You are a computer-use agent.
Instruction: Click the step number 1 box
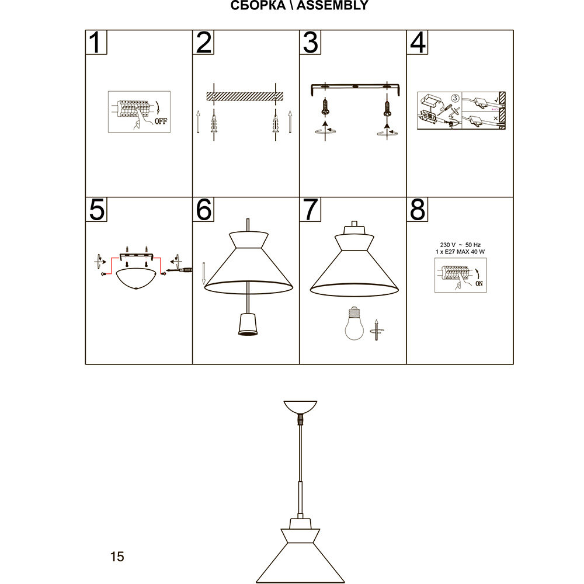click(96, 43)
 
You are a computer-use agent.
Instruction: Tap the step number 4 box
click(418, 43)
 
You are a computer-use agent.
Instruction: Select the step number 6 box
click(203, 210)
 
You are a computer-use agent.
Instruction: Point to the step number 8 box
click(418, 210)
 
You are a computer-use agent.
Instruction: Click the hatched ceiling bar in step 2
click(245, 95)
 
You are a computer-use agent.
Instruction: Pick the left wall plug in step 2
click(214, 123)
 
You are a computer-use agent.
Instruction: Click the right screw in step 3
click(386, 107)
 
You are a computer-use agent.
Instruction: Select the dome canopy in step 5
click(137, 279)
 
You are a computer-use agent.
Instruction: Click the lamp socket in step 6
click(248, 324)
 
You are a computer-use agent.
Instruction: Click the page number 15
click(117, 557)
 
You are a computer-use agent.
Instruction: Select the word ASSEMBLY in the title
click(335, 6)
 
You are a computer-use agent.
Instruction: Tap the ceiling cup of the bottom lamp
click(300, 406)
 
